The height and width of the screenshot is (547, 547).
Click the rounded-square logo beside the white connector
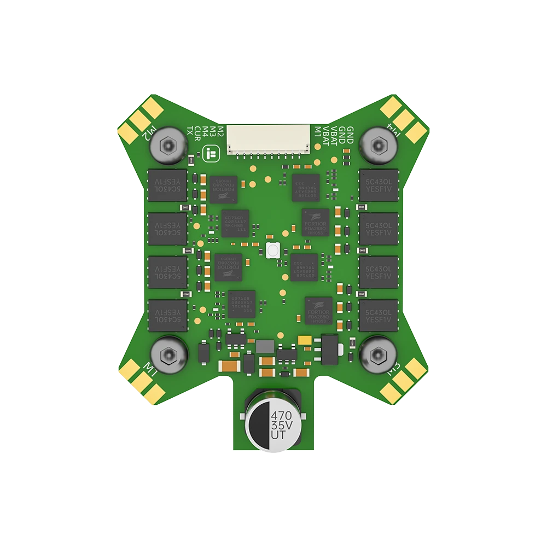(x=210, y=154)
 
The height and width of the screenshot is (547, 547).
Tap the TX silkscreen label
(x=190, y=131)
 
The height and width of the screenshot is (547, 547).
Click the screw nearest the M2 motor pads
(x=167, y=144)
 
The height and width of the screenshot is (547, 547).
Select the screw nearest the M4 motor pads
(x=379, y=144)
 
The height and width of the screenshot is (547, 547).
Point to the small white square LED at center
(x=273, y=251)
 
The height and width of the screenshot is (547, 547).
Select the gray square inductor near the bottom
(x=265, y=346)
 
